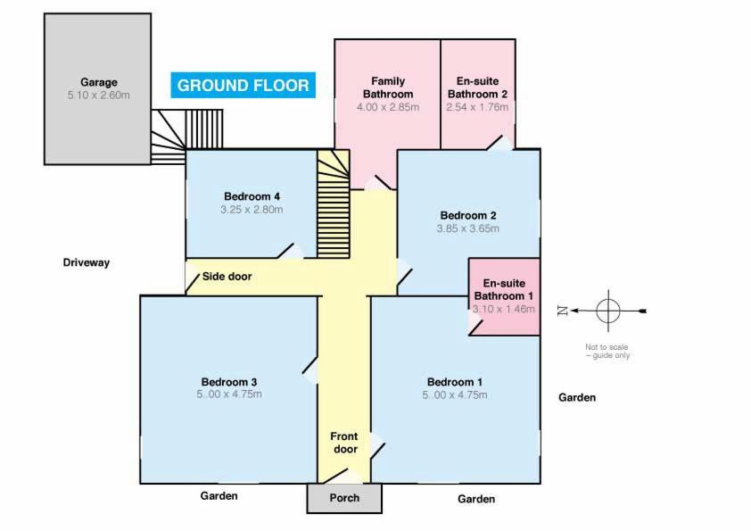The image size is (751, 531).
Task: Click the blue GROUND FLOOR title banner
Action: coord(243,86)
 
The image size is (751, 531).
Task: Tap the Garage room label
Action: coord(98,82)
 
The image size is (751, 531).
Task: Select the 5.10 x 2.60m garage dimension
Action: coord(98,95)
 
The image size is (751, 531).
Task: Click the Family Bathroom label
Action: coord(387,87)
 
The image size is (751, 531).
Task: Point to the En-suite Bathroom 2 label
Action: coord(477,87)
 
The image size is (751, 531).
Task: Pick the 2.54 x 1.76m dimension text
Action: coord(477,107)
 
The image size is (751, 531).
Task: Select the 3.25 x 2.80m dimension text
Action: coord(252,210)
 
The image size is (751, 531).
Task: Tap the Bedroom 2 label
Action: coord(468,215)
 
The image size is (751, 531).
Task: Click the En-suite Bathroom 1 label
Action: coord(504,289)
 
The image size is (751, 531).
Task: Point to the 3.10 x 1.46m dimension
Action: coord(504,309)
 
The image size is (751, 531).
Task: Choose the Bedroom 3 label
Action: coord(229,381)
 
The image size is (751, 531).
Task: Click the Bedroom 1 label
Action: coord(455,381)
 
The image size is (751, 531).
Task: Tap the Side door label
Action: coord(227,277)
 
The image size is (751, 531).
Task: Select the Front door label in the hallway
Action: coord(344,443)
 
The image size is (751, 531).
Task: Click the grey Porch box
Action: coord(344,498)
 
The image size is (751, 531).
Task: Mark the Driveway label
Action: coord(86,262)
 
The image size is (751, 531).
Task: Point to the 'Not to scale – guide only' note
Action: coord(607,351)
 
